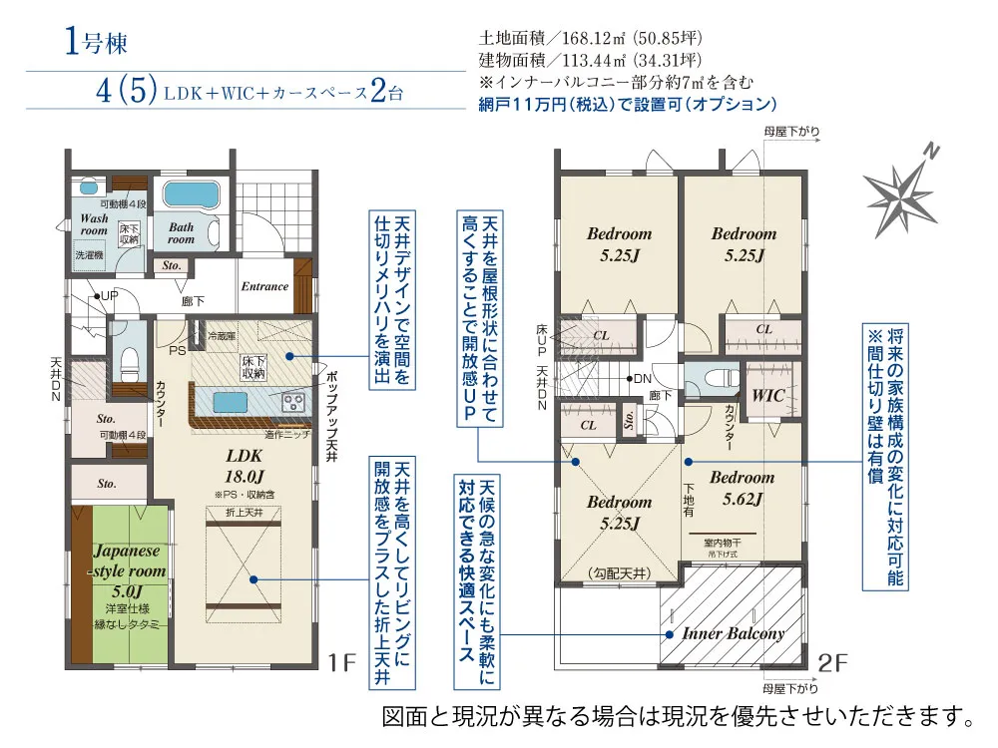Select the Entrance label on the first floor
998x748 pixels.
click(264, 286)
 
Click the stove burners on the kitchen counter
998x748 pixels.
click(296, 402)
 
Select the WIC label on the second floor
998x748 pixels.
click(768, 396)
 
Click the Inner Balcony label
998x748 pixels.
click(734, 633)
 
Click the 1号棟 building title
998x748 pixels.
click(97, 44)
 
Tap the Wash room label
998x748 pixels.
click(94, 223)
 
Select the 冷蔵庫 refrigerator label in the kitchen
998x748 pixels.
click(223, 336)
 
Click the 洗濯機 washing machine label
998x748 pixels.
click(93, 255)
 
